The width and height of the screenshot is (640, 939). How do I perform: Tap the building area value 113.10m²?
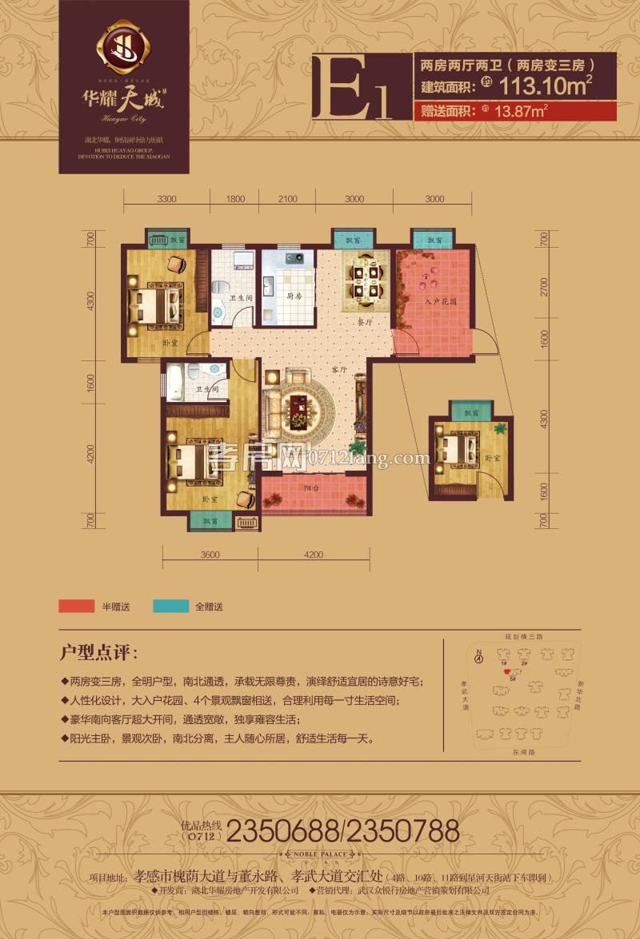point(546,83)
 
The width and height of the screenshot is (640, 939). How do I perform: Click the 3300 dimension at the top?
point(167,199)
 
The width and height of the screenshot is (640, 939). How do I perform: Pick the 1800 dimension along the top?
point(236,199)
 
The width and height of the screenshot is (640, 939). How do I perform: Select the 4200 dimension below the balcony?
point(313,555)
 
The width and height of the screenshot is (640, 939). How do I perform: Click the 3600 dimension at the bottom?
point(210,555)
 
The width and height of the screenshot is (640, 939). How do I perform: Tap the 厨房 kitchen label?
point(294,296)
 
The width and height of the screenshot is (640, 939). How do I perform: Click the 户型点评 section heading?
point(99,651)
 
